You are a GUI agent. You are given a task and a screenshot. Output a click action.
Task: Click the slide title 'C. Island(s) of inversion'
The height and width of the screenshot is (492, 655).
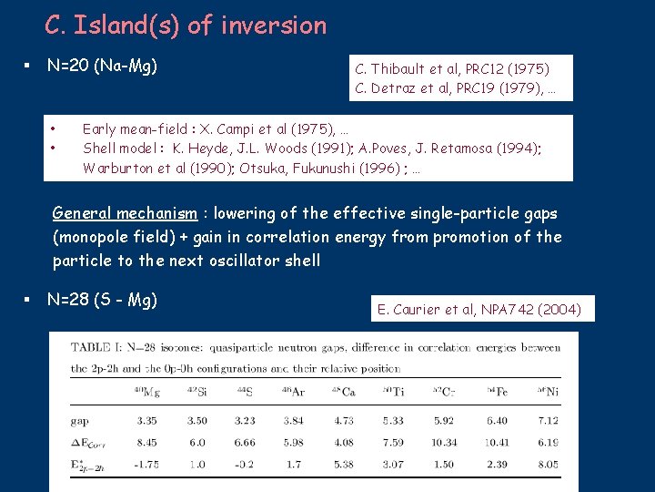[185, 26]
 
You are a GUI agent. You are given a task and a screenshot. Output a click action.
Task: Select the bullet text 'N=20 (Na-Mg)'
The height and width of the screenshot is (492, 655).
[102, 66]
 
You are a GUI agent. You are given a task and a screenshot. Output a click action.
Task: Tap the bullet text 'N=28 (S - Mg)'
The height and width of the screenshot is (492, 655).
[102, 299]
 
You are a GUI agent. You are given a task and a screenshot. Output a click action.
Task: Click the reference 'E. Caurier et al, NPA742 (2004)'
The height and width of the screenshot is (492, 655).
[479, 309]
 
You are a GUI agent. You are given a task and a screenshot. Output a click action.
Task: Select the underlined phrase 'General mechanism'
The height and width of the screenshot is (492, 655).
[124, 213]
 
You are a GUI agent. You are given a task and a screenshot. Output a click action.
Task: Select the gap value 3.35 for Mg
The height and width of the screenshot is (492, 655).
[146, 421]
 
